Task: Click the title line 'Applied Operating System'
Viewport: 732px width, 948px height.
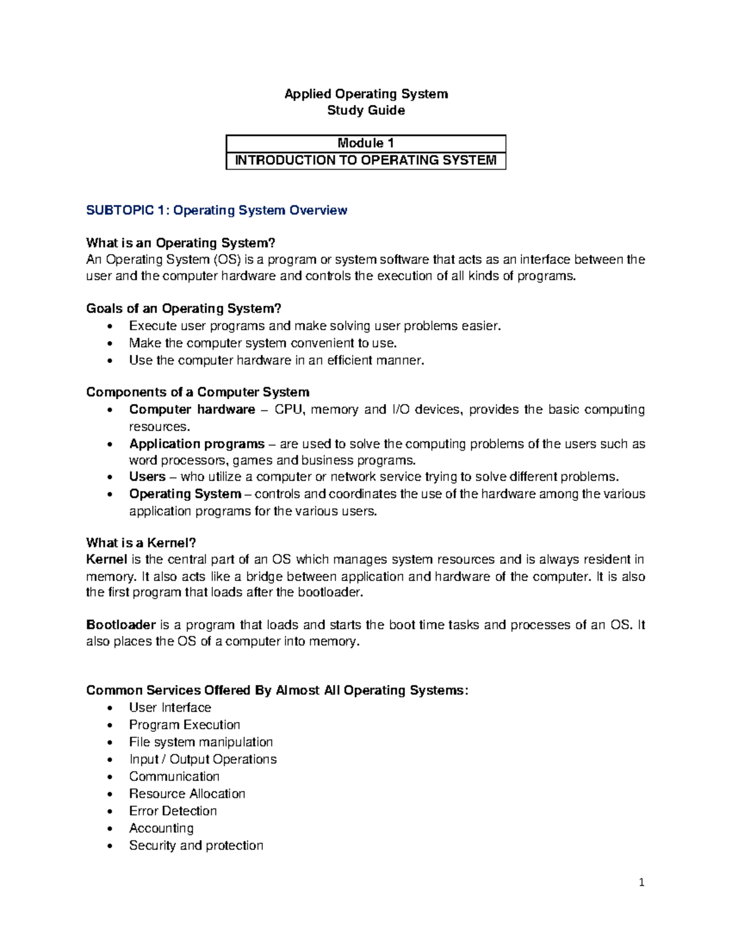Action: coord(366,94)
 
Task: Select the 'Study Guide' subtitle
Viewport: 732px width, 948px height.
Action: coord(366,110)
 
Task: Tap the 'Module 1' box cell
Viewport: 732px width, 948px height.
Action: coord(366,143)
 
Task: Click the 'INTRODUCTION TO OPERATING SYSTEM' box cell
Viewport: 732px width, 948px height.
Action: coord(366,161)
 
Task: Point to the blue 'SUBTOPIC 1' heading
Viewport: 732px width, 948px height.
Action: coord(217,211)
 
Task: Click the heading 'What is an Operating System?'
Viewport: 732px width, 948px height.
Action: coord(177,244)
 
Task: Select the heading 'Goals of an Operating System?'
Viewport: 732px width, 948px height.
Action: coord(184,309)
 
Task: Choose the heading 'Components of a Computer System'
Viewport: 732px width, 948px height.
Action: coord(198,393)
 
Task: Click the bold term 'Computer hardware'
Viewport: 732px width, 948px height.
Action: coord(192,410)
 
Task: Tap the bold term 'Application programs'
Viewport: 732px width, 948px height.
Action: coord(197,444)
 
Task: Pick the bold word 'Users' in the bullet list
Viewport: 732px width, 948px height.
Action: coord(147,477)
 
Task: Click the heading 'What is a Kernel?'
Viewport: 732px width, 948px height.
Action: coord(141,543)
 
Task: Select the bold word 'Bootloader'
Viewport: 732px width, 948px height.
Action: coord(121,625)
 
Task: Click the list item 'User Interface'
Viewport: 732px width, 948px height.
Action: coord(170,708)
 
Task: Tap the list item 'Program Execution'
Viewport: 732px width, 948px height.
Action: coord(184,725)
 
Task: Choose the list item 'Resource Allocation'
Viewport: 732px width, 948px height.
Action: coord(187,794)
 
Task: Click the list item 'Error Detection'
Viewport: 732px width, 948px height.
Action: coord(173,811)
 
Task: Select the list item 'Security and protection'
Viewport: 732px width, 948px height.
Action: coord(196,846)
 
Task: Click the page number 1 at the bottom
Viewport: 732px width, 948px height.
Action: coord(642,883)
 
